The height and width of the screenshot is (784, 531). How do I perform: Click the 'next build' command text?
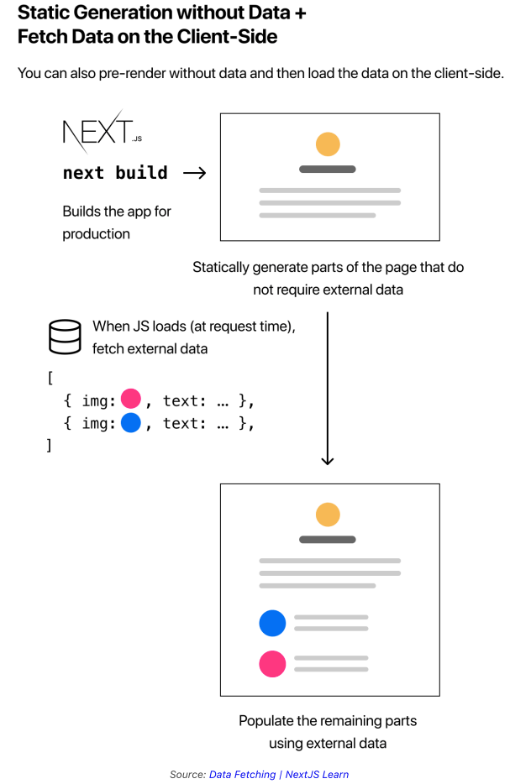point(115,173)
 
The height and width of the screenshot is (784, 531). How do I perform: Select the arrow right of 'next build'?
point(194,173)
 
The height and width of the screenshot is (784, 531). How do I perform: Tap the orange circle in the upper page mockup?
point(328,144)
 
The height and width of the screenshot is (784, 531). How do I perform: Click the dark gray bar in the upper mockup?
point(328,169)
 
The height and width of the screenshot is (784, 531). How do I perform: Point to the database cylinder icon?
point(64,336)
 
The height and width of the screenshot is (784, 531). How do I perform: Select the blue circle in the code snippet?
point(130,423)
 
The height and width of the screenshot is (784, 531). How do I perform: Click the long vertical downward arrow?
point(328,386)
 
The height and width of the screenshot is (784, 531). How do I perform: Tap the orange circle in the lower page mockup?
point(328,514)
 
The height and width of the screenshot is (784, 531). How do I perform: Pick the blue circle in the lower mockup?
point(272,623)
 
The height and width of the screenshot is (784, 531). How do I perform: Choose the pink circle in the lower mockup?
point(272,664)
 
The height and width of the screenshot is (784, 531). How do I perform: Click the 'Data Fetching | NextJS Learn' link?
point(279,774)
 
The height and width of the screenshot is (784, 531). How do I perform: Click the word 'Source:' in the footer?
point(187,774)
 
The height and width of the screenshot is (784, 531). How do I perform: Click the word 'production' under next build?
point(96,234)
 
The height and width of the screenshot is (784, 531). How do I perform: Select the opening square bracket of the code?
point(50,378)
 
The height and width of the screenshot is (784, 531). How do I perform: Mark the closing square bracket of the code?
point(50,446)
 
